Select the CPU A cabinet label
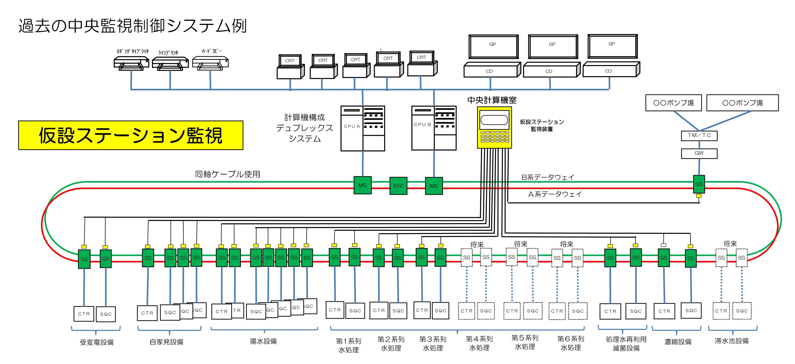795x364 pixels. pyautogui.click(x=352, y=126)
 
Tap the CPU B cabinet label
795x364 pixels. pyautogui.click(x=422, y=124)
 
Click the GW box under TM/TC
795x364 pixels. pyautogui.click(x=699, y=153)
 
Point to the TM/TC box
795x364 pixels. pyautogui.click(x=699, y=135)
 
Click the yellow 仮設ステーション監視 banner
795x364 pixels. pyautogui.click(x=131, y=135)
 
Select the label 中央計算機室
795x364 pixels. pyautogui.click(x=492, y=100)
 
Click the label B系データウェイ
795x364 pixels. pyautogui.click(x=548, y=177)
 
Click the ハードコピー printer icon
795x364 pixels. pyautogui.click(x=210, y=63)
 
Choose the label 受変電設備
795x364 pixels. pyautogui.click(x=97, y=342)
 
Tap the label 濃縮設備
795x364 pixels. pyautogui.click(x=678, y=341)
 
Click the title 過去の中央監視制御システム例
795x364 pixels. pyautogui.click(x=133, y=26)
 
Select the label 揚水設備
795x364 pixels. pyautogui.click(x=263, y=341)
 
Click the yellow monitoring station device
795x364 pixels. pyautogui.click(x=494, y=127)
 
